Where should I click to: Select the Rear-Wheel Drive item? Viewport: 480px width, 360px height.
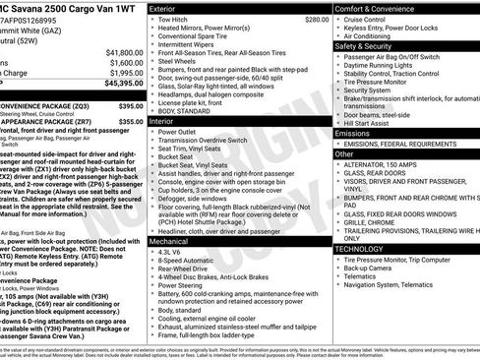(184, 267)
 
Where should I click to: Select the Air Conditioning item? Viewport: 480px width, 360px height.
(373, 36)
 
